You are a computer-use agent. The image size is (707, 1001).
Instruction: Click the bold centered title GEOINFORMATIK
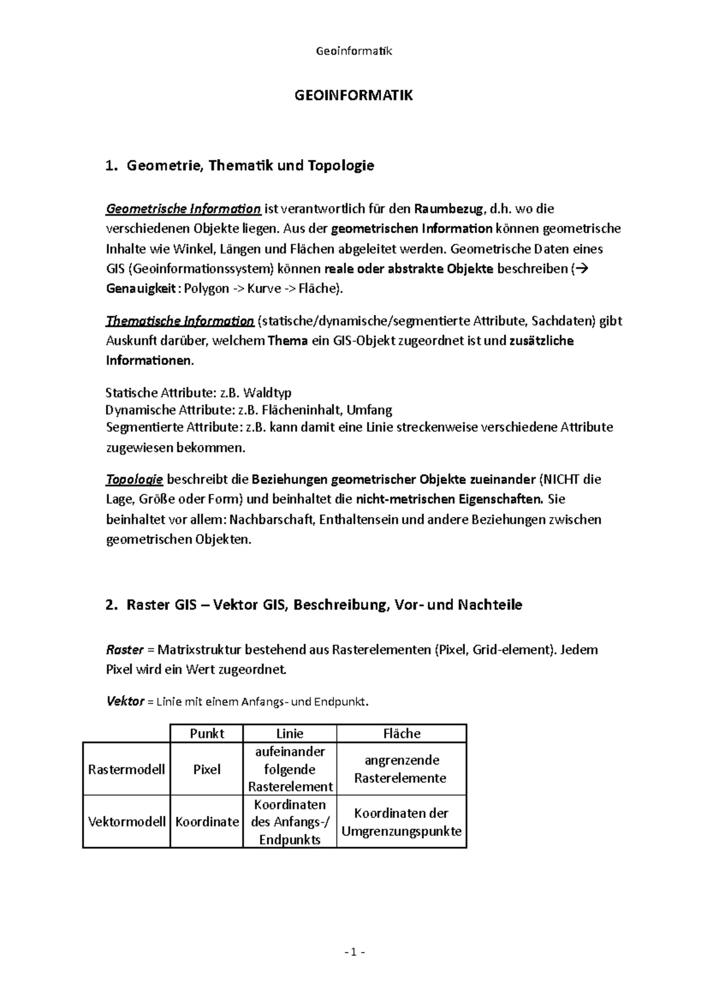[353, 96]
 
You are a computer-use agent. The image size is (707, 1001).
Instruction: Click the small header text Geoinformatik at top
[353, 51]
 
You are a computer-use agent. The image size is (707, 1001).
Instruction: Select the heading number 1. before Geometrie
[111, 166]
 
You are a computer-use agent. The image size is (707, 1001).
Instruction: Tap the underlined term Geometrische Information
[183, 209]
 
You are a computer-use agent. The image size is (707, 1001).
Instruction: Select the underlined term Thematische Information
[180, 321]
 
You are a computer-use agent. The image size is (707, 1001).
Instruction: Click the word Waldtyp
[267, 393]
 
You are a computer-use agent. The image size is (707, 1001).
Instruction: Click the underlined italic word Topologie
[134, 479]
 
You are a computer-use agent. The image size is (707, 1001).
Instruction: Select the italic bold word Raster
[124, 650]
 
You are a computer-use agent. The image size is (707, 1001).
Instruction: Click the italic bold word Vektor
[125, 702]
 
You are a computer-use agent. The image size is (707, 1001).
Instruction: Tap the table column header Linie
[289, 733]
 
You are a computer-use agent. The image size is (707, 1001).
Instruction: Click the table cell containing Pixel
[207, 769]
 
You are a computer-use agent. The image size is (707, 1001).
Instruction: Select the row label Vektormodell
[127, 822]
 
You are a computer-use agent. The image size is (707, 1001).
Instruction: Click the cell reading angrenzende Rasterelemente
[401, 769]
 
